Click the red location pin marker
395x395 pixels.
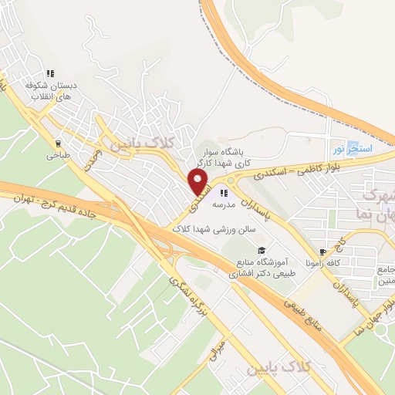[199, 182]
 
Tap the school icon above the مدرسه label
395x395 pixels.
[224, 193]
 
